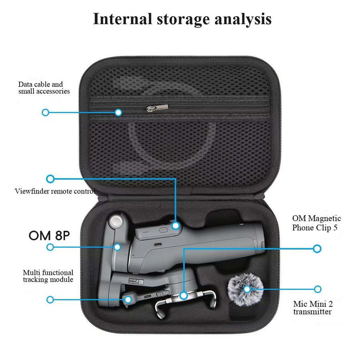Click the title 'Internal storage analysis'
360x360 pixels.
[x=182, y=19]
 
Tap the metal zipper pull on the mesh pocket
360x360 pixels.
[x=157, y=108]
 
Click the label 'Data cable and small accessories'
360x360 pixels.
[x=44, y=88]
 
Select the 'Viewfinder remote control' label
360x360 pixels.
[x=55, y=191]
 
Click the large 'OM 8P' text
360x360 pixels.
[x=49, y=236]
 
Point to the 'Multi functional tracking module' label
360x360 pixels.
[x=48, y=276]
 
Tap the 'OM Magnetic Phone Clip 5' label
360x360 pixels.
[x=316, y=223]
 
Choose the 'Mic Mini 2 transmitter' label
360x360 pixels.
[x=313, y=308]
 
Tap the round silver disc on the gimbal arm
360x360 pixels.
[x=116, y=222]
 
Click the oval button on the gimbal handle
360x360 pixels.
[x=164, y=230]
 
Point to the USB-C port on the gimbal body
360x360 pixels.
[x=157, y=244]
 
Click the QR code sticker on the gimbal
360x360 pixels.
[x=140, y=282]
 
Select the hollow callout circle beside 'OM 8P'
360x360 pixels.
[x=50, y=247]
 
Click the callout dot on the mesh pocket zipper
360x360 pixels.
[x=118, y=112]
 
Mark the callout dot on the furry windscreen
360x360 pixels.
[x=247, y=289]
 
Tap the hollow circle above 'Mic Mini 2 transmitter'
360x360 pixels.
[x=318, y=289]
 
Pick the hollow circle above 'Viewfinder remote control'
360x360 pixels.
[x=50, y=179]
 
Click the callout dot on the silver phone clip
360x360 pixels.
[x=184, y=296]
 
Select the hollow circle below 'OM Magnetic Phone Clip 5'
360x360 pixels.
[x=317, y=249]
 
